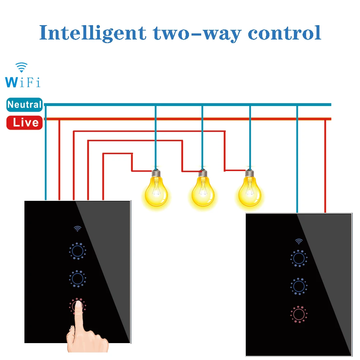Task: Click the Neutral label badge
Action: tap(24, 105)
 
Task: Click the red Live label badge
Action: tap(24, 123)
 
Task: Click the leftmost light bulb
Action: tap(156, 189)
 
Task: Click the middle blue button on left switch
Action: tap(77, 278)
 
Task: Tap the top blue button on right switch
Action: tap(298, 258)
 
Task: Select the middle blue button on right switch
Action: tap(298, 286)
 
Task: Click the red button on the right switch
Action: tap(298, 314)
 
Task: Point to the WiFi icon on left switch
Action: tap(77, 229)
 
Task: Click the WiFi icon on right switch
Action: tap(299, 241)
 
